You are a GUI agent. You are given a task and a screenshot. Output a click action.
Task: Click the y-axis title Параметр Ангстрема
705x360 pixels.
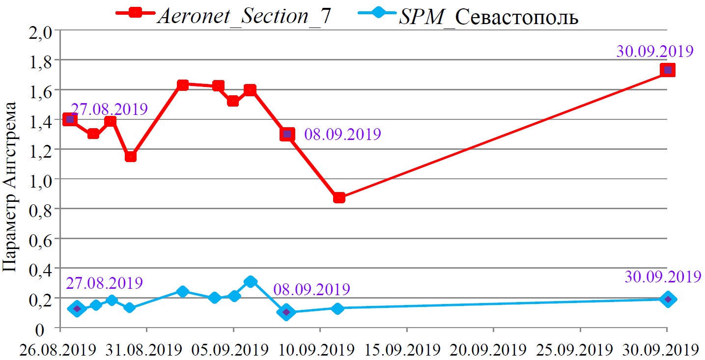click(12, 187)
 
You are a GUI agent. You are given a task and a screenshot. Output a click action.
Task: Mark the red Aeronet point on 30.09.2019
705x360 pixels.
click(667, 70)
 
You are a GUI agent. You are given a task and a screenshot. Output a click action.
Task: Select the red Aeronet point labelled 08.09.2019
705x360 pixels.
click(287, 134)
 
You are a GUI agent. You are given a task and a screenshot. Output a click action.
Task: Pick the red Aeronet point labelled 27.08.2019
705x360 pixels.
click(70, 119)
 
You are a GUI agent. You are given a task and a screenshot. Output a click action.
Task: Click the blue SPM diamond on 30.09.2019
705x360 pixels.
click(667, 299)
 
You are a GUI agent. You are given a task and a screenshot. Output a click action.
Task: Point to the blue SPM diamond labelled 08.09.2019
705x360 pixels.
click(287, 312)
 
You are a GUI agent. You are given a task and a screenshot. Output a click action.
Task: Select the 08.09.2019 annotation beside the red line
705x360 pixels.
click(342, 135)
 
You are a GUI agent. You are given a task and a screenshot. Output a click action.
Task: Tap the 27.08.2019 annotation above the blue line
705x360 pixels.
click(104, 283)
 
